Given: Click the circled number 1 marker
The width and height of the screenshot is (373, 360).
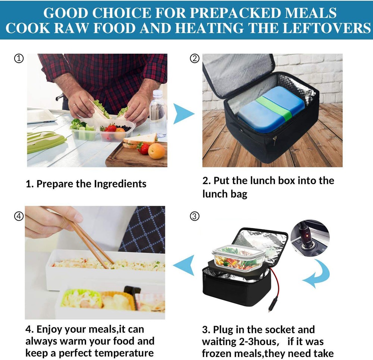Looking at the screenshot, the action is (19, 58).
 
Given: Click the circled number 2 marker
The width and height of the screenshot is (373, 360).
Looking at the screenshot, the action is (195, 58).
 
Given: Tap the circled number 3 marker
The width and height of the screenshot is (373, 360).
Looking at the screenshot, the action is (195, 216).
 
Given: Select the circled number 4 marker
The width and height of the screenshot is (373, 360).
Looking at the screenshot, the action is (19, 216).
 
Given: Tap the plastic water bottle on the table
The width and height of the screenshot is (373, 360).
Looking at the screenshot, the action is (158, 113).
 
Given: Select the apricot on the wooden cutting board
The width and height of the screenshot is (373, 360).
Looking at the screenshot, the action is (156, 151).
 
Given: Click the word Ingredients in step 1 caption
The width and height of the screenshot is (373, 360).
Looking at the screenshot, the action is (120, 184).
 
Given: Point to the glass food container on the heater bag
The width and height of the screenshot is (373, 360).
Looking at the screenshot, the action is (239, 258).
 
